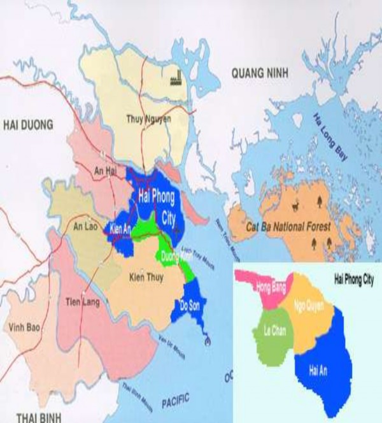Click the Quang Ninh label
tap(260, 74)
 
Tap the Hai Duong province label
tap(28, 124)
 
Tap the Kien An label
tap(120, 228)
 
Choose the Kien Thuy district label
tap(146, 278)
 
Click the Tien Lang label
tap(83, 301)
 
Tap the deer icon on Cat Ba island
tap(295, 205)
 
